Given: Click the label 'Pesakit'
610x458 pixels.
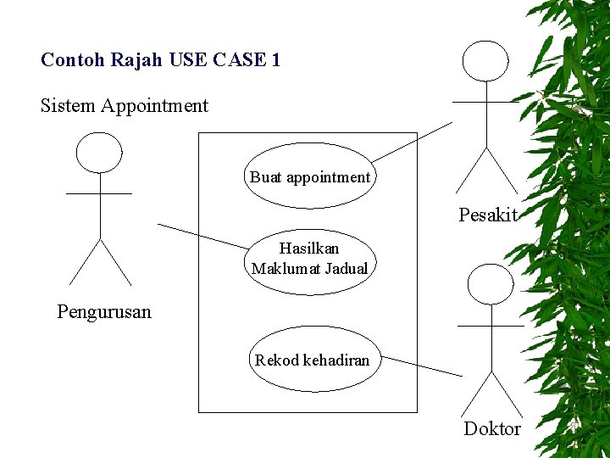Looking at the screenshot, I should point(487,215).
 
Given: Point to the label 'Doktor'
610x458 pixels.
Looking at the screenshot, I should point(491,429).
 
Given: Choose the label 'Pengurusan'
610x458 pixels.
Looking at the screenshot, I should point(104,312).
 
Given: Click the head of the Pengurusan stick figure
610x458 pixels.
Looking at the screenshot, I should point(99,153).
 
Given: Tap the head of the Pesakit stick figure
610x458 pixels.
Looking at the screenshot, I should point(485,60).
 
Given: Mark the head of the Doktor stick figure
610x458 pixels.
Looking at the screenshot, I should point(491,284).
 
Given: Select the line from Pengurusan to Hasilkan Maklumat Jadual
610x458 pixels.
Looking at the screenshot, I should point(203,236).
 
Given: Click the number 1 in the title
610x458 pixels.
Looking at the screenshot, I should point(275,60).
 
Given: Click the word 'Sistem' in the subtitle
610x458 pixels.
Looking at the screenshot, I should point(68,106).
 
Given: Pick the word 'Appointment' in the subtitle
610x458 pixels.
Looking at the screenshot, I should point(154,106).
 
